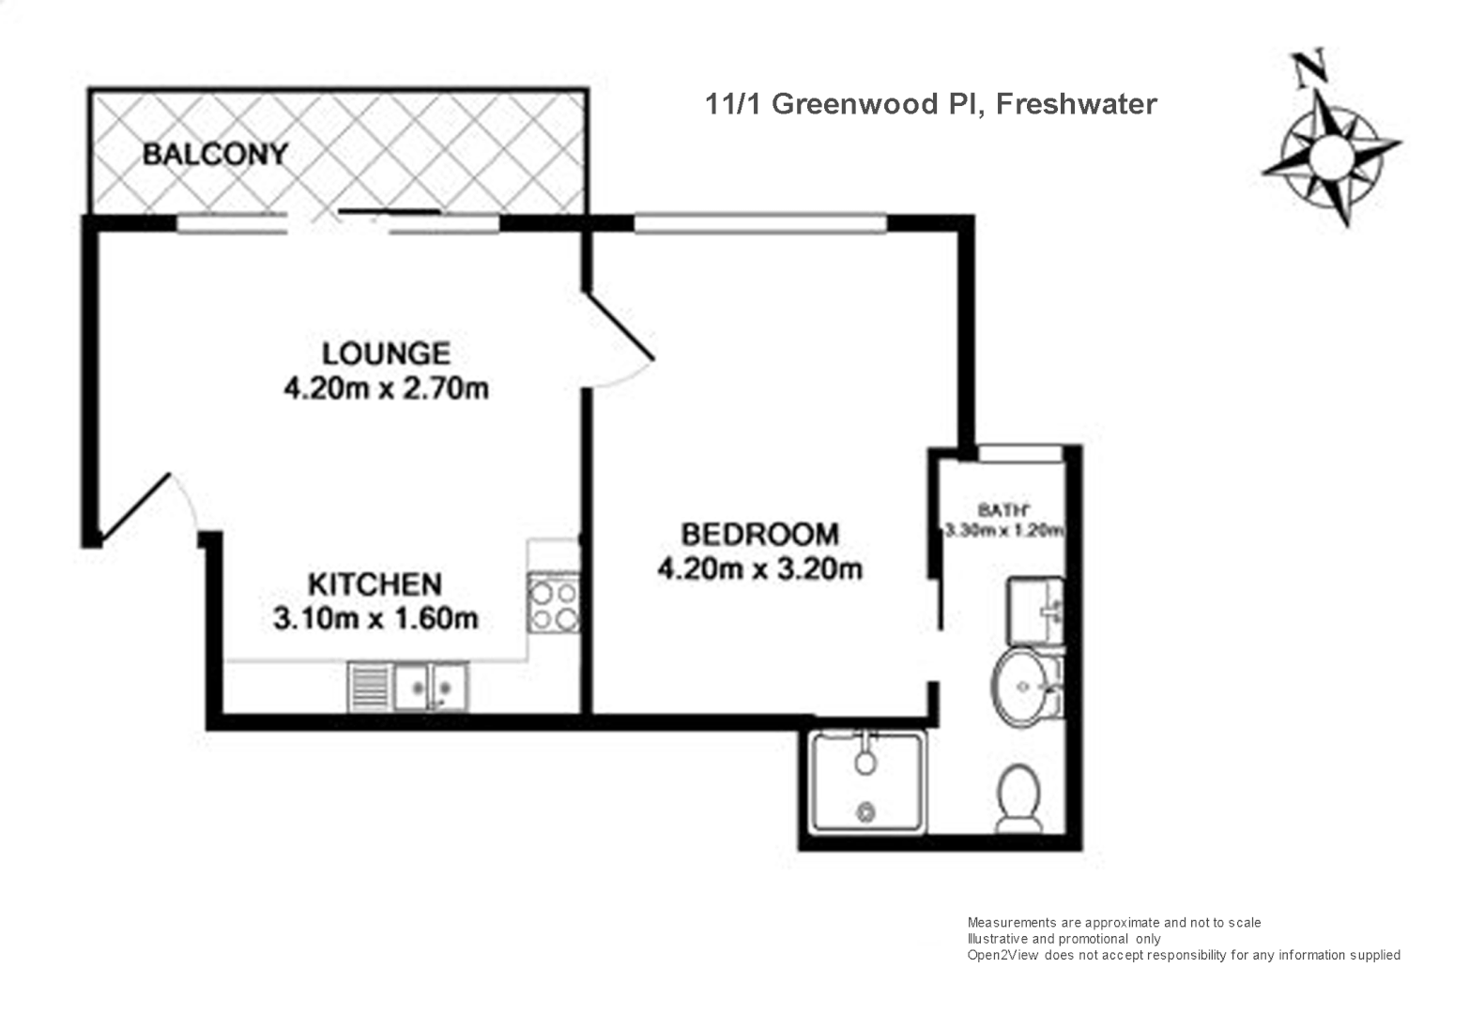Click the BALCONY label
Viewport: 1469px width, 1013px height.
(215, 154)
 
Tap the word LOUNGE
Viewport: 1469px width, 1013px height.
(386, 354)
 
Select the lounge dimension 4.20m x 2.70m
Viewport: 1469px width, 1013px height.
(386, 387)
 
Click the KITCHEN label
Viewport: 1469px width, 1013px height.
(375, 584)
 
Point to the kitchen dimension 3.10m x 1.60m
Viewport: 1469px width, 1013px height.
(375, 618)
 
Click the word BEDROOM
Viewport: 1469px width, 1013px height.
(759, 535)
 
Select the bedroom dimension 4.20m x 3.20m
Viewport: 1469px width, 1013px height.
(759, 568)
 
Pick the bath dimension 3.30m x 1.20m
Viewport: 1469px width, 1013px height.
(1003, 530)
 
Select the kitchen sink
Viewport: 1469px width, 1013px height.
(429, 687)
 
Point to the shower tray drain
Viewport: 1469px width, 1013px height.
(865, 811)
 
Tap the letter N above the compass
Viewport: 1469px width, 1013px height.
(1308, 67)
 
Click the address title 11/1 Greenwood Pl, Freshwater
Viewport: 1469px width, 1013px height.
(930, 103)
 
